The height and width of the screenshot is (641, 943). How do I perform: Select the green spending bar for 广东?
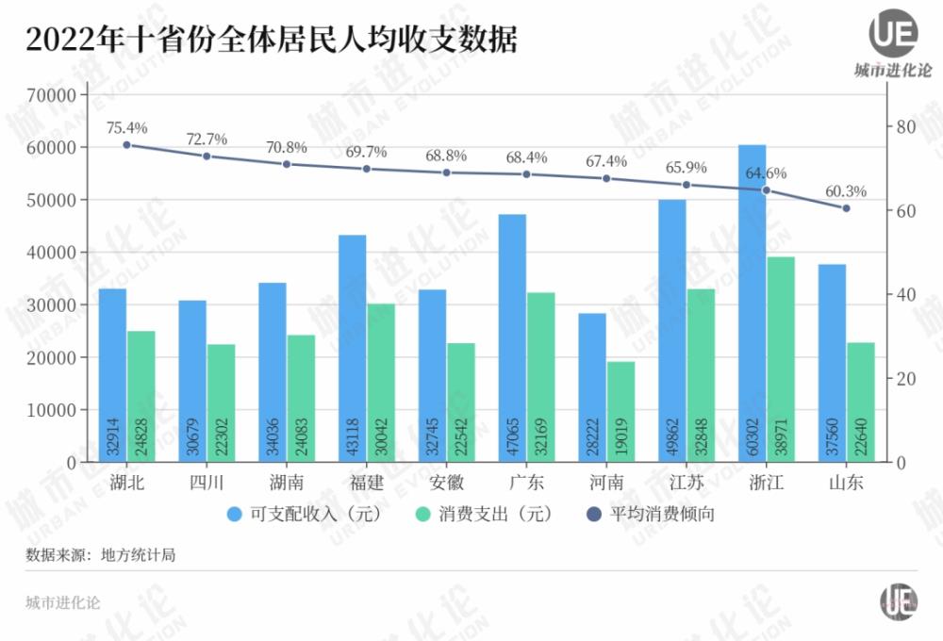pos(541,377)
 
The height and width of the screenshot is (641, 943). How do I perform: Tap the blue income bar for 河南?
pos(592,386)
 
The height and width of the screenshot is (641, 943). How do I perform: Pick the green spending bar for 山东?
pos(861,402)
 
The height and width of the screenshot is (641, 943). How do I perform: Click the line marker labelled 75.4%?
pos(126,144)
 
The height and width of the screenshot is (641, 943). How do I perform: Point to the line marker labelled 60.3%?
pos(846,207)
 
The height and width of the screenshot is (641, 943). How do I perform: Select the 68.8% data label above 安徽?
pos(446,155)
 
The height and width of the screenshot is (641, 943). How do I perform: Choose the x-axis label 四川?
pos(207,484)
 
